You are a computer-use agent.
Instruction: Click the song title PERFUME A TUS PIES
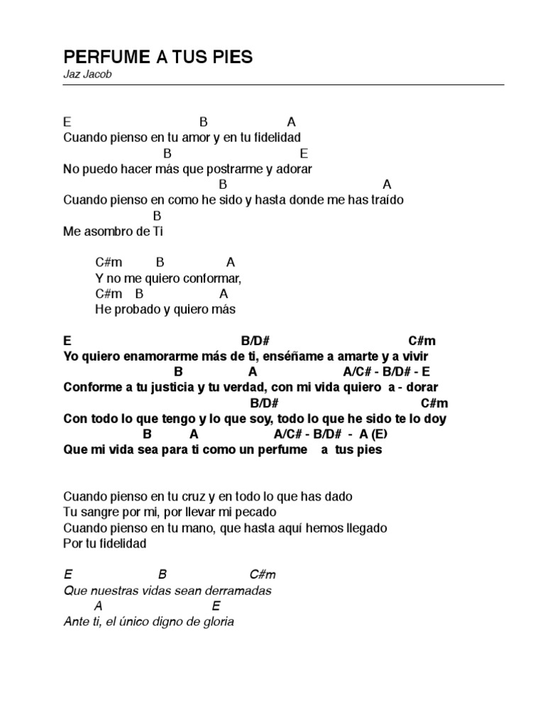pos(158,57)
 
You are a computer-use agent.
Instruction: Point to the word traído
pos(386,200)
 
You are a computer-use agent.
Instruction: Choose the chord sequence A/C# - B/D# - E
pos(386,372)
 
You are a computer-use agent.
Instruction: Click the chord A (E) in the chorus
pos(373,434)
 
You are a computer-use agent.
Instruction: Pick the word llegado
pos(363,528)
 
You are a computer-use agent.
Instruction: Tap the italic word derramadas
pos(239,591)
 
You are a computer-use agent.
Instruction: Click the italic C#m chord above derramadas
pos(262,575)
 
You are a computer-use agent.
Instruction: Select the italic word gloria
pos(219,622)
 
